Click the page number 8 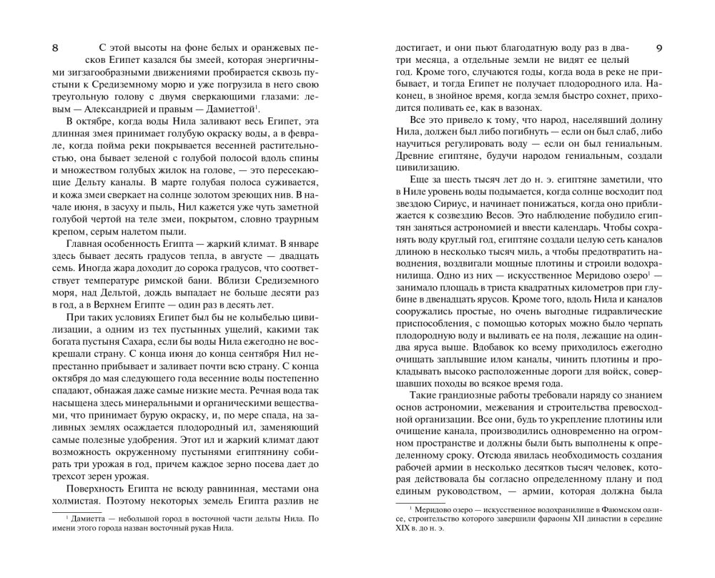pos(56,48)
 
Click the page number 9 pos(659,48)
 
